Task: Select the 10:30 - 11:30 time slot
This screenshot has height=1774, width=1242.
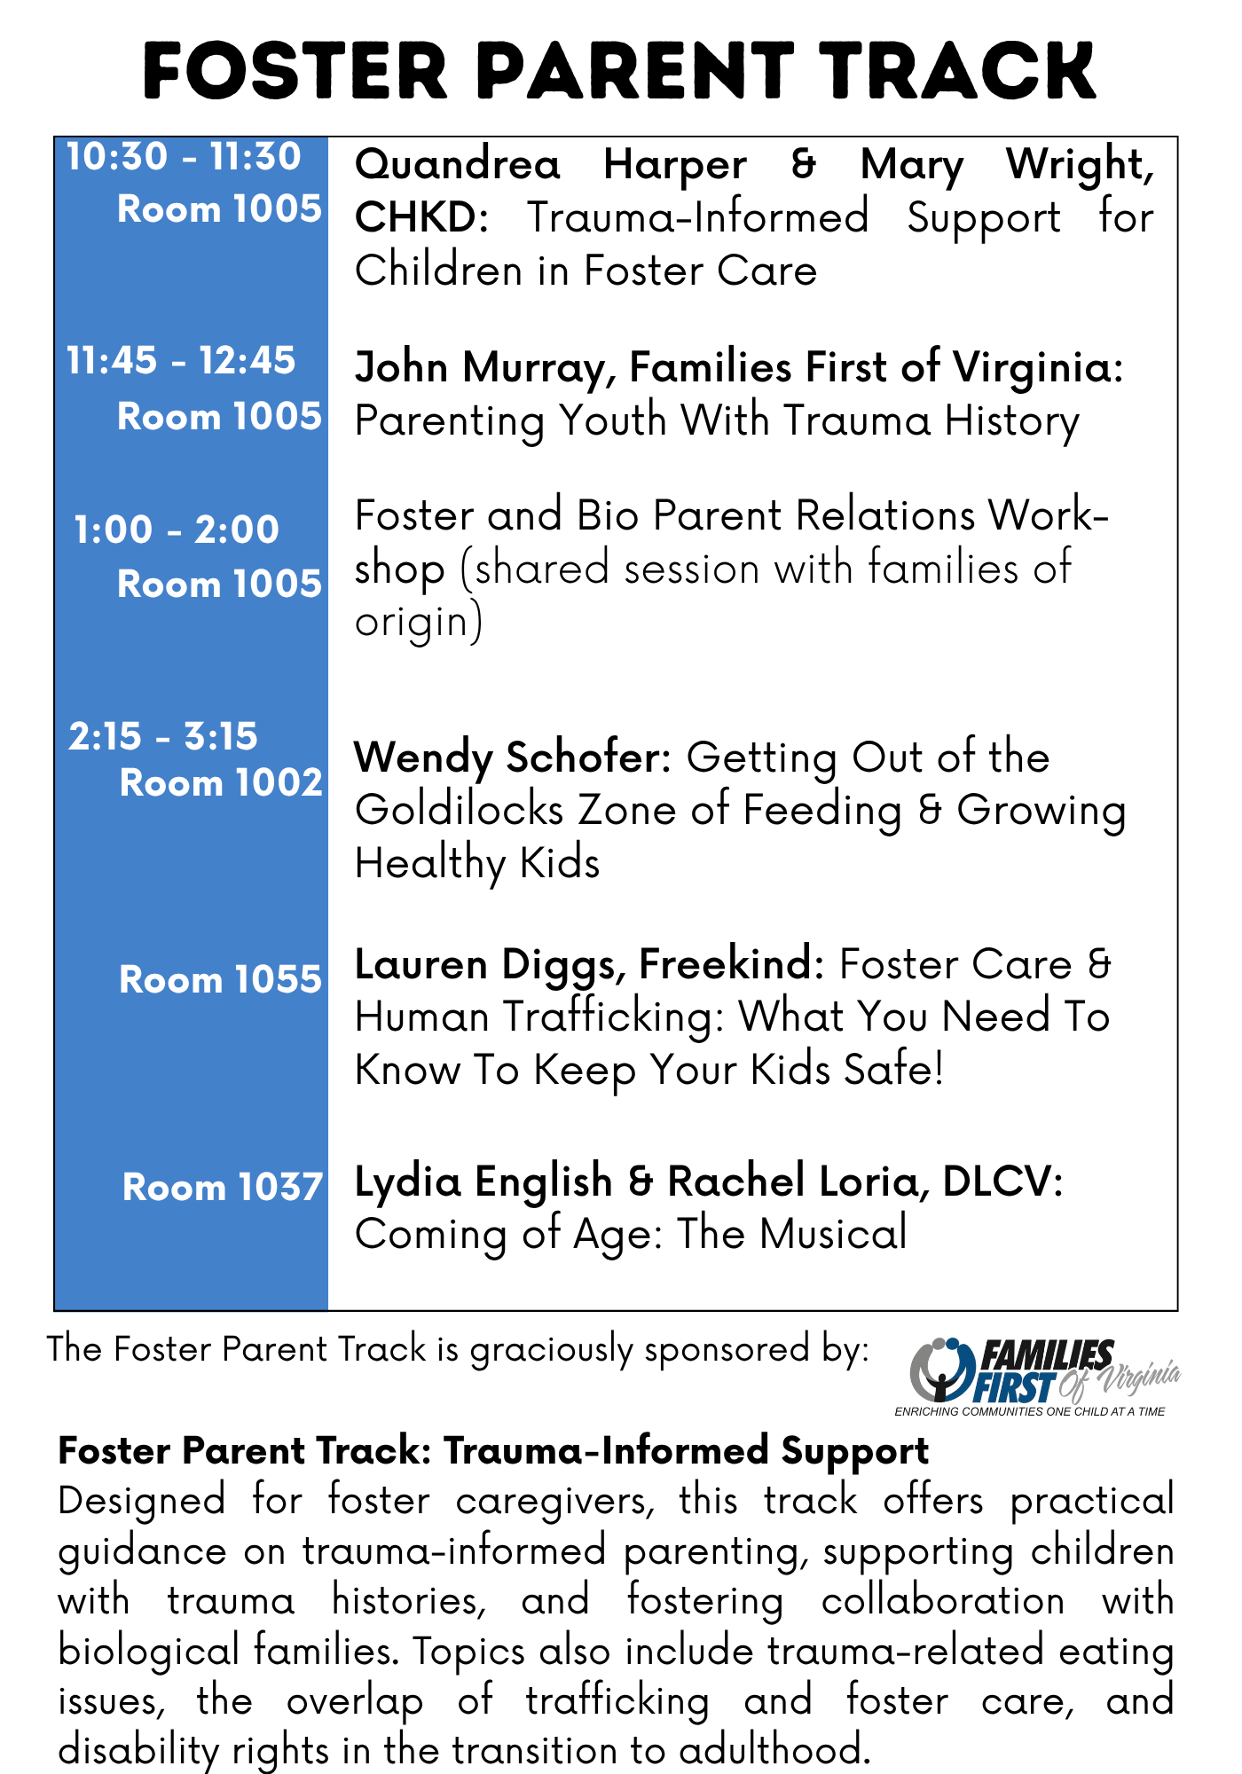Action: (x=184, y=157)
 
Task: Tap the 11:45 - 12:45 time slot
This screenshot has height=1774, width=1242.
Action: (x=181, y=361)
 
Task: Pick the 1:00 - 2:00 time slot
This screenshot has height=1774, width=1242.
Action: (x=177, y=530)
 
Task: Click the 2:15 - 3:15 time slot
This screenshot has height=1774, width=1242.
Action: (x=163, y=736)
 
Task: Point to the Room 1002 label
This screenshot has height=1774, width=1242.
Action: (x=221, y=783)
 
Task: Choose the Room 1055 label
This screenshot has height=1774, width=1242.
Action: (x=221, y=980)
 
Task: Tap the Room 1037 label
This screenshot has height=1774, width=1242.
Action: (x=223, y=1188)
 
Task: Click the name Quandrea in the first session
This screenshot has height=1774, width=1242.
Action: (x=458, y=165)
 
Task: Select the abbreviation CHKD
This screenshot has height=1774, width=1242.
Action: (x=421, y=217)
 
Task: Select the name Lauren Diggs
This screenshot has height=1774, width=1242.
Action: (x=490, y=965)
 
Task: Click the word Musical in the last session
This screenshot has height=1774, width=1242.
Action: (x=833, y=1234)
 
